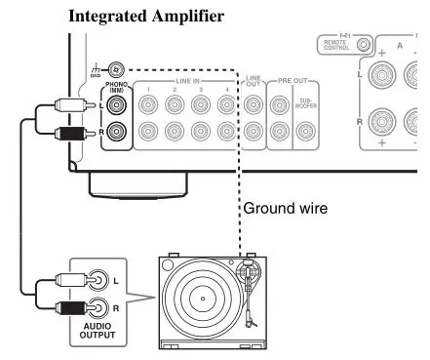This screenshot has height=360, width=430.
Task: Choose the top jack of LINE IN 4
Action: (x=227, y=106)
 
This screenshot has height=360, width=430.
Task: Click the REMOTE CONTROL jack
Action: (x=363, y=45)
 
